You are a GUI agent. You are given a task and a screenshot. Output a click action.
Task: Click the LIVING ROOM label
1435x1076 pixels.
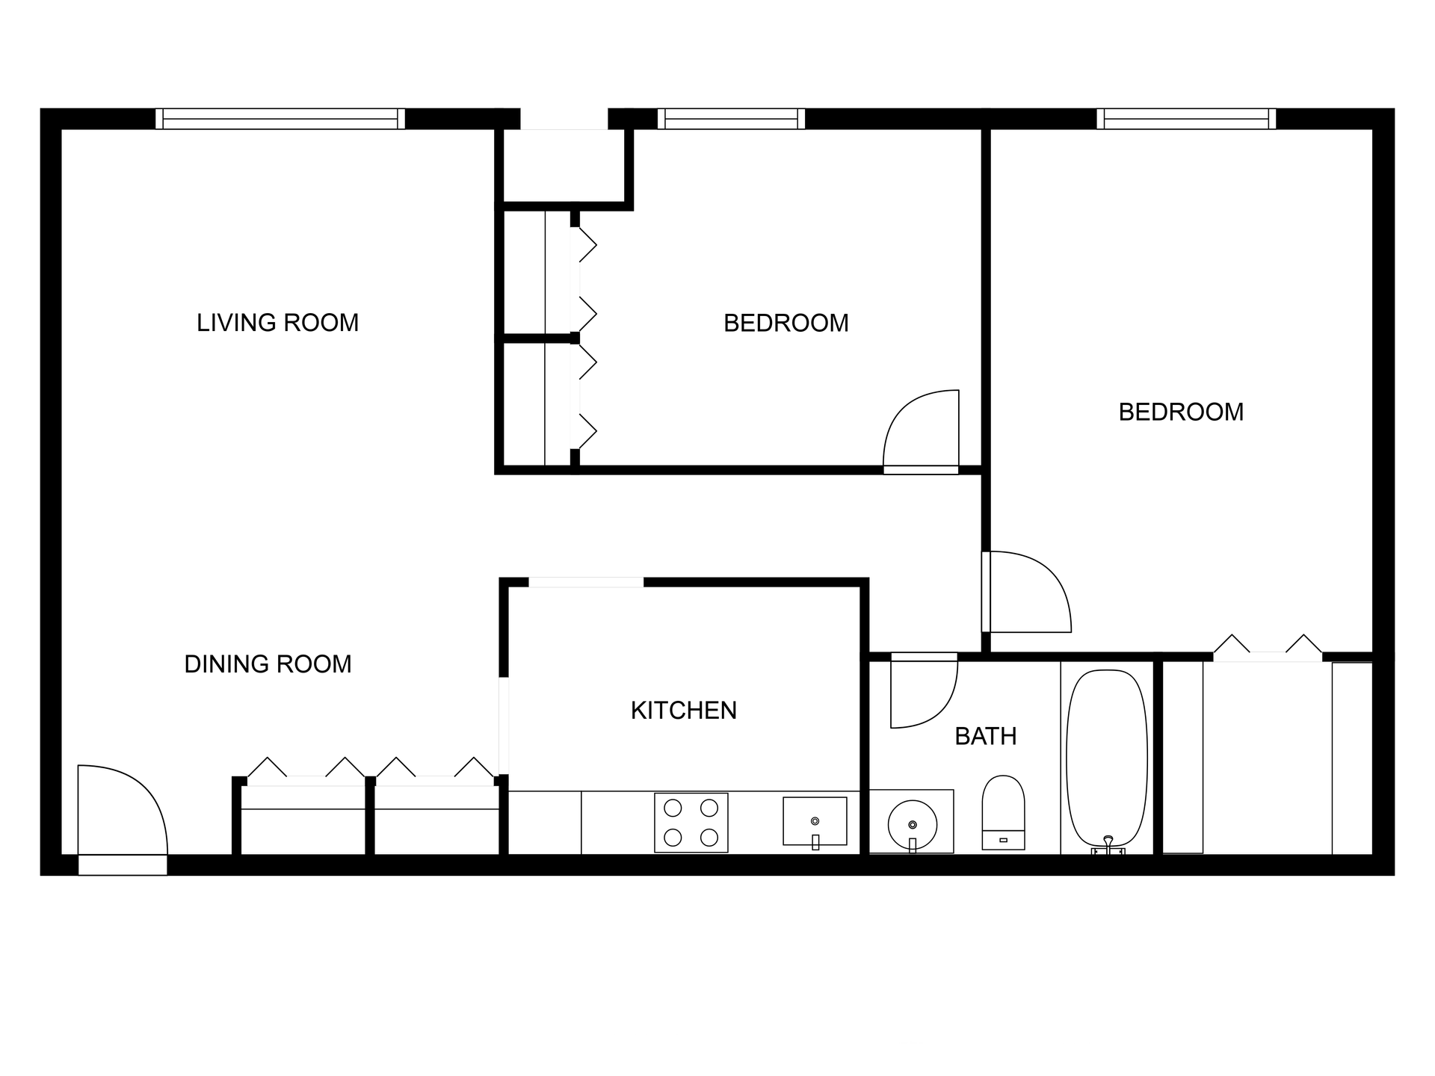[x=277, y=323]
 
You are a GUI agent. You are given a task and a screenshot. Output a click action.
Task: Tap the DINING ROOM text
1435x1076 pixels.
[x=268, y=664]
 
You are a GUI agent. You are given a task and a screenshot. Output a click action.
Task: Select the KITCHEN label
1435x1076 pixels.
[x=683, y=711]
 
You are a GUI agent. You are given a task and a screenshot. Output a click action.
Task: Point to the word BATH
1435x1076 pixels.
[x=985, y=737]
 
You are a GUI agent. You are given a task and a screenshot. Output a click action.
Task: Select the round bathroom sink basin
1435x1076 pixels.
[x=912, y=825]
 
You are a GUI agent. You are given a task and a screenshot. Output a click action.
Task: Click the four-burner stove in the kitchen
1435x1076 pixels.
[x=691, y=822]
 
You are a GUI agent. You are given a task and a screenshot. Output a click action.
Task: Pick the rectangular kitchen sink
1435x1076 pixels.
[x=815, y=821]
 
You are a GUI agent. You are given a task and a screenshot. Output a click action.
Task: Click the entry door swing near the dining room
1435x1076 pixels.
[x=120, y=811]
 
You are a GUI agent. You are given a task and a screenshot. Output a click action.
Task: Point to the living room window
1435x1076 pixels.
[x=280, y=119]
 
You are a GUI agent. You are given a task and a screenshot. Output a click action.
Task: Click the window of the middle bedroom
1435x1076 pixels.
[x=731, y=119]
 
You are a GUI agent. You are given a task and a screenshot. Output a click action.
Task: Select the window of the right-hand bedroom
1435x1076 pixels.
[x=1186, y=119]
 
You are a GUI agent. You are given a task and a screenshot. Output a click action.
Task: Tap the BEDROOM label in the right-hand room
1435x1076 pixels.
[x=1181, y=412]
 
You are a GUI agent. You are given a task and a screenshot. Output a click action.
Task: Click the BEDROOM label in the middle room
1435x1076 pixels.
[x=786, y=324]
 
